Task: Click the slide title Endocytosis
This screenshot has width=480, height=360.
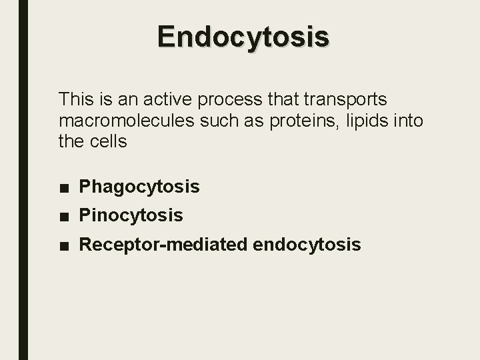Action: pyautogui.click(x=243, y=37)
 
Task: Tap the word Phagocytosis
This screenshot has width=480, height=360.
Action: pyautogui.click(x=139, y=187)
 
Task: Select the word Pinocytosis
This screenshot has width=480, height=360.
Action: pyautogui.click(x=131, y=215)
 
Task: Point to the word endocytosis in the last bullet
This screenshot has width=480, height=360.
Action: pyautogui.click(x=307, y=245)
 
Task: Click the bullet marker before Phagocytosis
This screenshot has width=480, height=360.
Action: pyautogui.click(x=63, y=187)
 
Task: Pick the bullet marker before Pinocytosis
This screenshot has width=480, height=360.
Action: pyautogui.click(x=63, y=216)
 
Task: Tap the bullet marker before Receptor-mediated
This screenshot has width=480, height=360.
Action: pyautogui.click(x=63, y=245)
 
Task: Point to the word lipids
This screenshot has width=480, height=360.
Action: pyautogui.click(x=363, y=121)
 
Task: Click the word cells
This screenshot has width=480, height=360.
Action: pyautogui.click(x=106, y=142)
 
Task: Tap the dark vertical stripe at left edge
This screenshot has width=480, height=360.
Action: pyautogui.click(x=23, y=180)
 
